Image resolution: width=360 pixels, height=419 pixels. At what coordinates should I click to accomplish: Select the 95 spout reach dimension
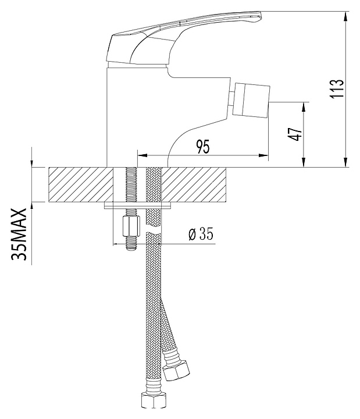click(203, 146)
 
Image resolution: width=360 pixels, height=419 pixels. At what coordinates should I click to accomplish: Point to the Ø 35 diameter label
click(201, 235)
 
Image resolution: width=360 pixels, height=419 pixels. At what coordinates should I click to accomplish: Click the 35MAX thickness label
click(19, 235)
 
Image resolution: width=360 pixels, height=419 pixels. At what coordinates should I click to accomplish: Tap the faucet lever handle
click(184, 37)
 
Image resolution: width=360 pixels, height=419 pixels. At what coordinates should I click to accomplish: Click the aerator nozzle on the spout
click(251, 101)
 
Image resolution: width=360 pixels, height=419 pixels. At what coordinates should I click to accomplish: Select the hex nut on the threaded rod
click(131, 226)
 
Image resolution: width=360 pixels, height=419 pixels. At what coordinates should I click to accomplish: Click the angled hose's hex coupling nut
click(177, 370)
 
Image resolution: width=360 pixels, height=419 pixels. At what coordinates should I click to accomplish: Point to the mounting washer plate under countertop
click(137, 205)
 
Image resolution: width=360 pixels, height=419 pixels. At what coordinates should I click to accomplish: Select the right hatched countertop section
click(194, 184)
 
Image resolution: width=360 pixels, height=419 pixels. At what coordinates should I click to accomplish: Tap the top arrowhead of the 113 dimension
click(346, 17)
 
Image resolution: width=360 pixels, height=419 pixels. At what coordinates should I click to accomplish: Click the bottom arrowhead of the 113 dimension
click(346, 162)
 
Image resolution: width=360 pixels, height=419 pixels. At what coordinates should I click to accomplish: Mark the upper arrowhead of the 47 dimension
click(304, 108)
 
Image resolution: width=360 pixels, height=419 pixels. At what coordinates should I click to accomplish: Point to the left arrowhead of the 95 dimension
click(142, 155)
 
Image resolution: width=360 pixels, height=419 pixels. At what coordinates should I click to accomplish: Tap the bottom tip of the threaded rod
click(131, 250)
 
